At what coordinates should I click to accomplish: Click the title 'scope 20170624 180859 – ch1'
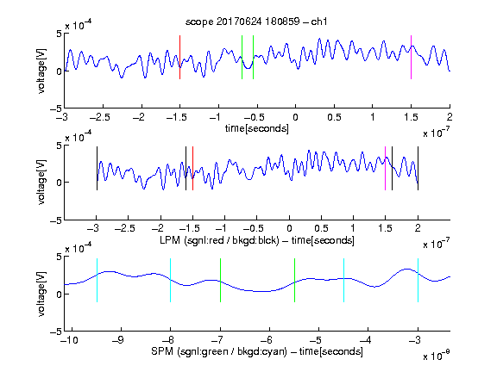pos(256,22)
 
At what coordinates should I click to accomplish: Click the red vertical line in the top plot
pos(179,57)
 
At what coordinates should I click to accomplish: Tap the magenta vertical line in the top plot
pos(411,57)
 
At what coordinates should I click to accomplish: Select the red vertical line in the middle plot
pos(192,168)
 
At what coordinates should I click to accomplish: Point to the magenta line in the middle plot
pos(385,168)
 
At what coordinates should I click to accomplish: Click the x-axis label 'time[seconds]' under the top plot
pos(257,128)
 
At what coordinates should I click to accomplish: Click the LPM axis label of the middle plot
pos(257,240)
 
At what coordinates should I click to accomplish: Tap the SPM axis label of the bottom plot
pos(257,351)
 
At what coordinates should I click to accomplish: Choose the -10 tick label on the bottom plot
pos(69,340)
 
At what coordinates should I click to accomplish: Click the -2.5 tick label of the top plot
pos(100,117)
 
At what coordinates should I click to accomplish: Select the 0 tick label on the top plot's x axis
pos(295,117)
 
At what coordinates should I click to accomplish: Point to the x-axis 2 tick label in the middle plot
pos(418,228)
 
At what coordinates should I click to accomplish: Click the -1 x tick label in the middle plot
pos(222,228)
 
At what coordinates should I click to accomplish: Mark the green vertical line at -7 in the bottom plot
pos(220,280)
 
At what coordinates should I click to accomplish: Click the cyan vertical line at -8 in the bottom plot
pos(170,280)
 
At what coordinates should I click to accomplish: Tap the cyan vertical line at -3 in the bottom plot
pos(418,280)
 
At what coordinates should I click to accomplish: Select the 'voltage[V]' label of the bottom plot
pos(41,294)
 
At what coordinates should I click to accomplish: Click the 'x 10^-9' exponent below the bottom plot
pos(437,356)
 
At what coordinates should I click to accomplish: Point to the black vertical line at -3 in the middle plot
pos(97,168)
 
